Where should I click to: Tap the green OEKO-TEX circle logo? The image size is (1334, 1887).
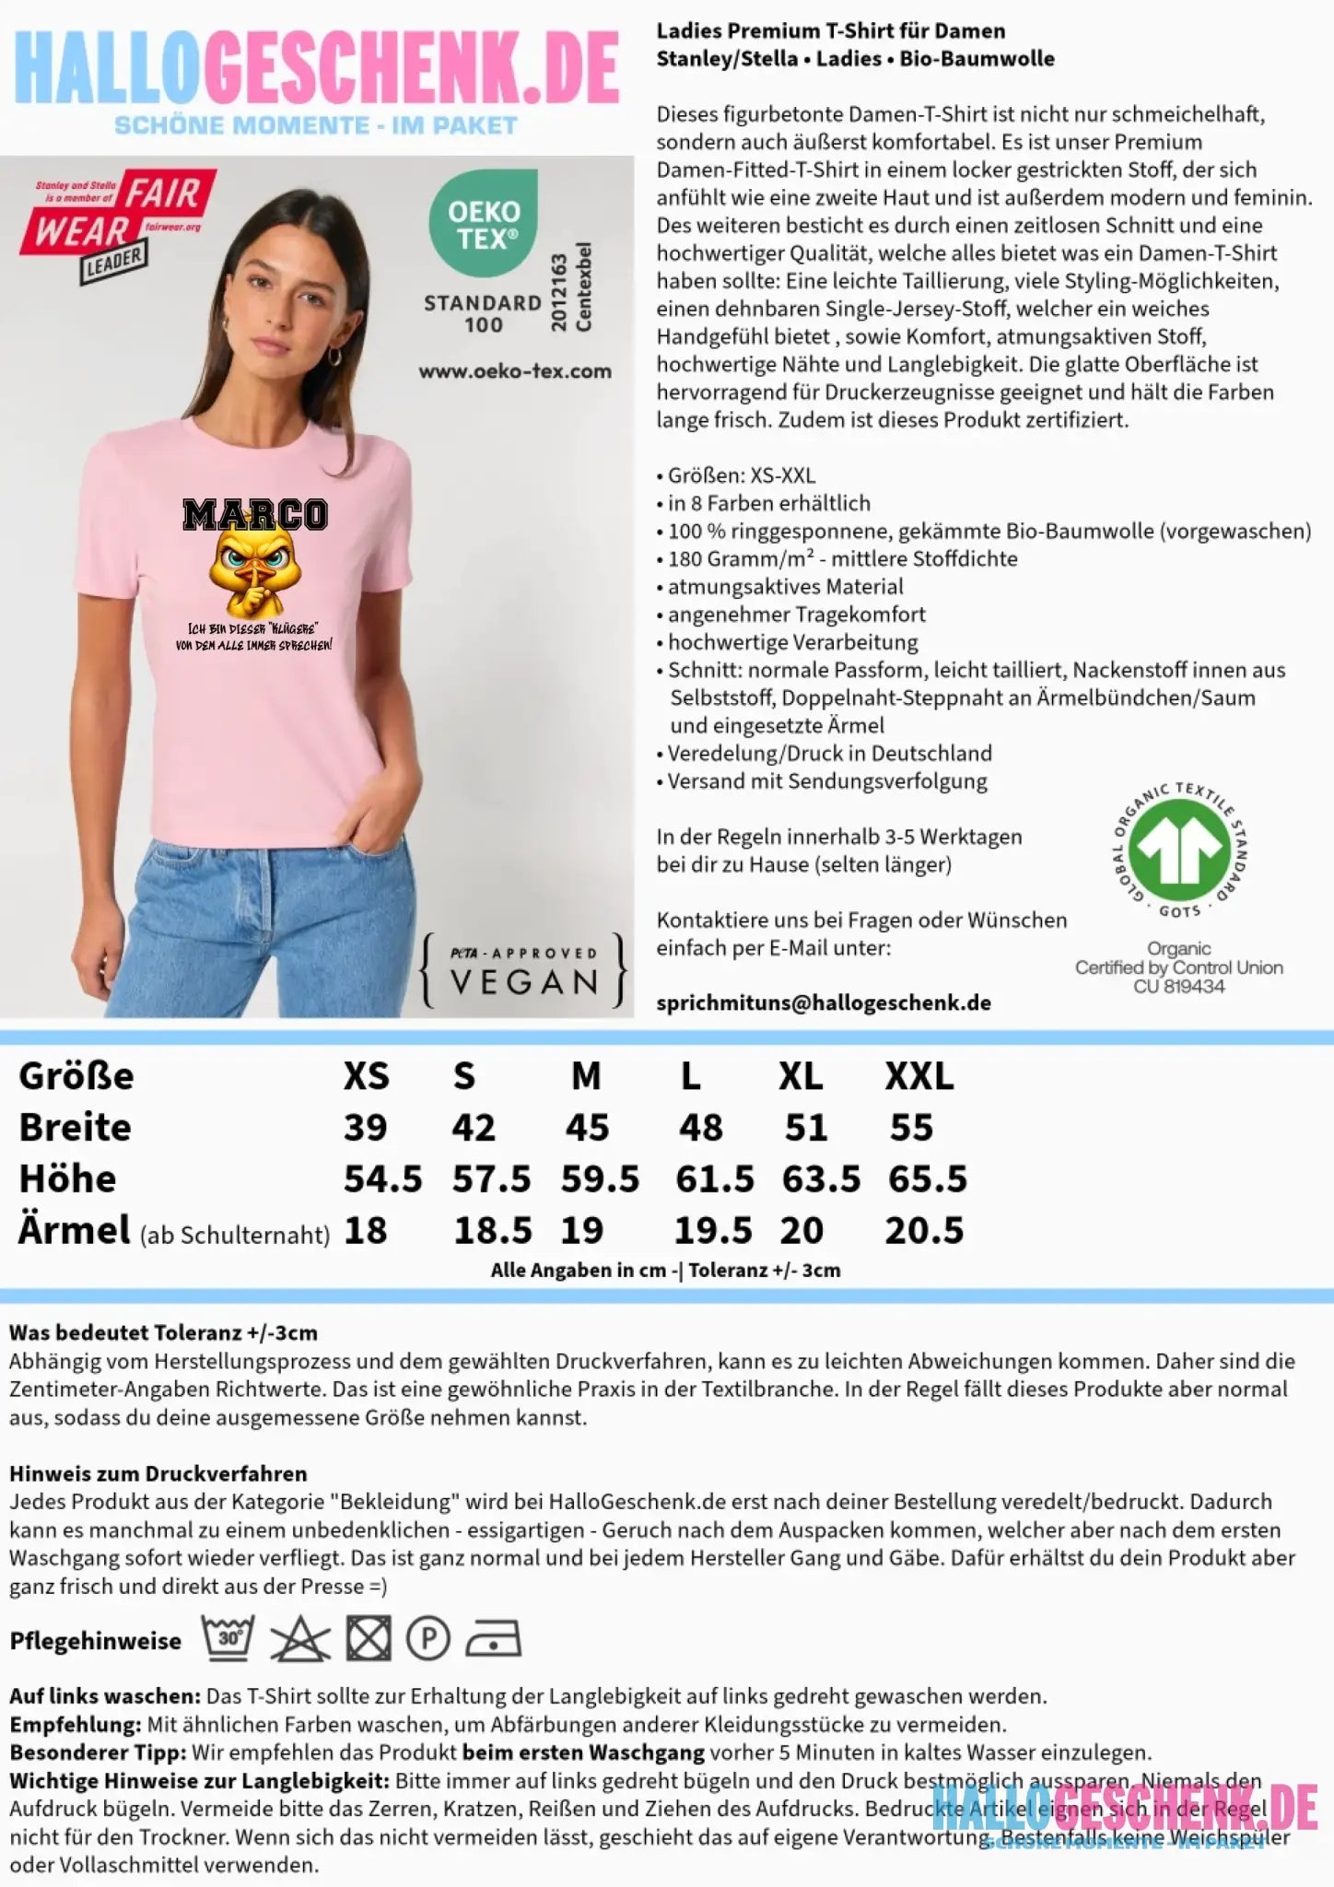pos(484,223)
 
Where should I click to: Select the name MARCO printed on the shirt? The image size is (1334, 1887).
pos(254,514)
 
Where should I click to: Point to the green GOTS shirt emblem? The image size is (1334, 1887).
pos(1180,848)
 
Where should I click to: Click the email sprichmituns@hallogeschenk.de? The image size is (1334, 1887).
pos(824,1002)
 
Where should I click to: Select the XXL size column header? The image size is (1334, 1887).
pos(919,1075)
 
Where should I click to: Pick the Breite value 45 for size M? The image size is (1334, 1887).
pos(587,1127)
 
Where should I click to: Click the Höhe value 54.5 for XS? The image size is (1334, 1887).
pos(382,1178)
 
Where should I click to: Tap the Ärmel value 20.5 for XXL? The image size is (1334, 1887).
pos(924,1230)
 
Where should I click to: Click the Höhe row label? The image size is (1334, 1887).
pos(67,1178)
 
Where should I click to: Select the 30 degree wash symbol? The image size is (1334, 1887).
pos(228,1639)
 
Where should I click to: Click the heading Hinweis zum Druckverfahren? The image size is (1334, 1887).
pos(158,1472)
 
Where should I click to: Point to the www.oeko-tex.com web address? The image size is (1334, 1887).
pos(515,371)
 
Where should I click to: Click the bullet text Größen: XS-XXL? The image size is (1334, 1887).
pos(741,475)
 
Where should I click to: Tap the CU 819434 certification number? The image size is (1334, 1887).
pos(1179,986)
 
